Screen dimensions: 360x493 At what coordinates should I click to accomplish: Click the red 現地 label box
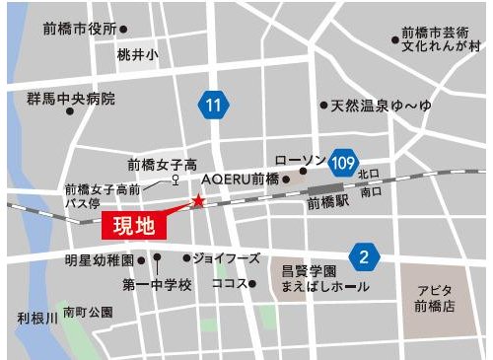(134, 226)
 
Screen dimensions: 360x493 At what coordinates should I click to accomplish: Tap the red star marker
(198, 201)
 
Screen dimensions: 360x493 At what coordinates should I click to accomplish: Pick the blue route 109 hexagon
(343, 161)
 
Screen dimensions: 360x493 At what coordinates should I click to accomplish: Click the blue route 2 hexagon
(364, 257)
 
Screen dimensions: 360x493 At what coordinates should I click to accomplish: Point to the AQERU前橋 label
(241, 180)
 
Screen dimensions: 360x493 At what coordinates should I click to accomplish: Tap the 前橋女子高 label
(163, 165)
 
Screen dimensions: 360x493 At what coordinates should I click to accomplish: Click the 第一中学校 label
(157, 284)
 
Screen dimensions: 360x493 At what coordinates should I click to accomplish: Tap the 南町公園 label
(88, 311)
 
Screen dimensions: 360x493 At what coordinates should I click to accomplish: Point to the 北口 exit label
(368, 175)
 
